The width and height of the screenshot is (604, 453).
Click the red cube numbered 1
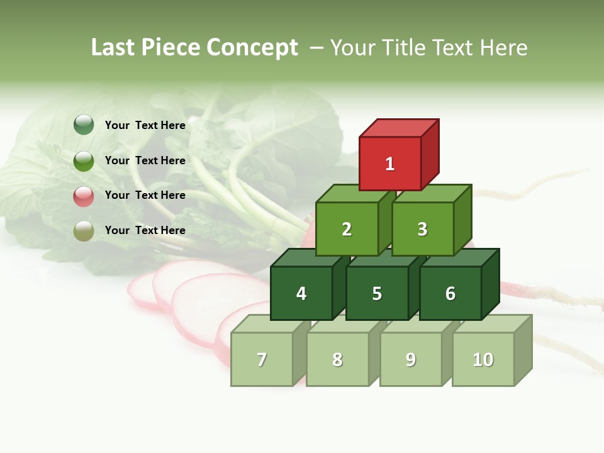390,164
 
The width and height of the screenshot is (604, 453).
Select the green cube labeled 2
347,229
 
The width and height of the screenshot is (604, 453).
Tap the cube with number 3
422,229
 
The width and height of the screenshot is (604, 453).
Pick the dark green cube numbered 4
301,293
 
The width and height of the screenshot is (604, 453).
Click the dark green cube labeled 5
377,293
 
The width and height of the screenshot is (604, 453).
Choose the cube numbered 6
450,293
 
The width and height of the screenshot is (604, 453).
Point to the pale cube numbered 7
262,359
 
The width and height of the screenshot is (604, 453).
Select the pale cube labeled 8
337,359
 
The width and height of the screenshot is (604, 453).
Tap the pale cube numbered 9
411,359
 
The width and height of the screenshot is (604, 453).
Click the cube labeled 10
483,359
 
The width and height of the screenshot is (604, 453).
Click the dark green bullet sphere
84,125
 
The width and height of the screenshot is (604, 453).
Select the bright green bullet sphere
84,160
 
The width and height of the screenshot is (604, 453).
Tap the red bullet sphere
84,196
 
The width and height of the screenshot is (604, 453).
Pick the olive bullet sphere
84,230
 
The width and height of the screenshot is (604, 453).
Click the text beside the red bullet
145,195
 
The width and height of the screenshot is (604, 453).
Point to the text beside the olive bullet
145,230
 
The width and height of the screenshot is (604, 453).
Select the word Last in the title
113,48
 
